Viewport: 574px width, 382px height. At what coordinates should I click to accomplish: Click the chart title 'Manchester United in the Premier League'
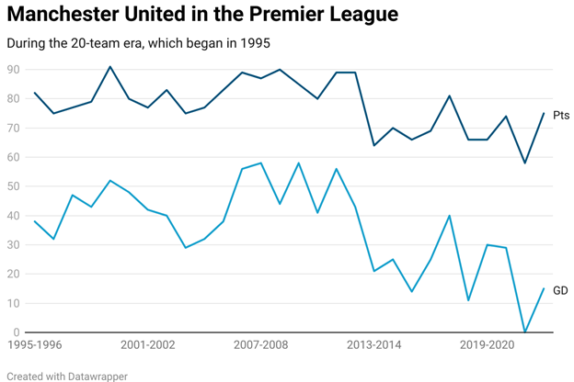(202, 15)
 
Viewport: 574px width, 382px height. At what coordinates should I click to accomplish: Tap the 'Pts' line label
(560, 116)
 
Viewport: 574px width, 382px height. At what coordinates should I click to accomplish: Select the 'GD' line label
(560, 290)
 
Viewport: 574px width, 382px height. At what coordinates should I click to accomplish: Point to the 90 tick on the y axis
(14, 70)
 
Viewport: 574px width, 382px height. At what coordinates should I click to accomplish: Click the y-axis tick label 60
(14, 157)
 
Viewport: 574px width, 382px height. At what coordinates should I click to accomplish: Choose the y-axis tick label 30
(14, 245)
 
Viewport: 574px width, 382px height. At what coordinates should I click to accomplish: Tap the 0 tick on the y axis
(17, 332)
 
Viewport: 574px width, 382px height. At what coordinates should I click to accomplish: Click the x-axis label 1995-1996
(35, 346)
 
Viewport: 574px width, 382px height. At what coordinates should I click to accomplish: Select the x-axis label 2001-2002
(147, 346)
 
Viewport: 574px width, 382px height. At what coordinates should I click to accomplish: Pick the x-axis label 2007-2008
(261, 346)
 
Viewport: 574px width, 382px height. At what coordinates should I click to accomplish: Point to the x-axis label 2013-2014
(374, 346)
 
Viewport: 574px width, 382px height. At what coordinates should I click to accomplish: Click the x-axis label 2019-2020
(488, 346)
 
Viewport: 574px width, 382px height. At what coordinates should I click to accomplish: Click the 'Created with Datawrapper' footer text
(67, 376)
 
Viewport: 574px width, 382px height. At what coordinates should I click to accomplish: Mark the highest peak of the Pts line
(110, 67)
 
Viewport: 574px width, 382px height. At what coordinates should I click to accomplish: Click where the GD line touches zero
(524, 331)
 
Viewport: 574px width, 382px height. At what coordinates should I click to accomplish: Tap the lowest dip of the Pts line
(524, 163)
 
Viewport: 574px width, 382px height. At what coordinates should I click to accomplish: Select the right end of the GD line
(544, 288)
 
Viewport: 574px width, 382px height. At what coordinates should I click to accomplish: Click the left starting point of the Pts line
(35, 93)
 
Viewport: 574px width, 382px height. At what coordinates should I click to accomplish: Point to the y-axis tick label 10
(14, 303)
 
